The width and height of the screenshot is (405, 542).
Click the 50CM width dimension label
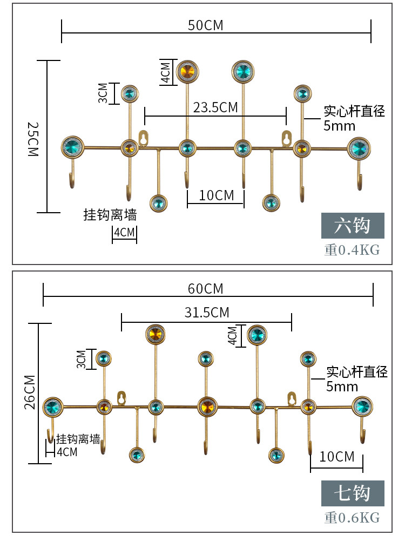[x=205, y=25]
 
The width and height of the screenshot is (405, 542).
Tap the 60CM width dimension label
[x=205, y=289]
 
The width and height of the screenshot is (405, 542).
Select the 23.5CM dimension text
[x=215, y=107]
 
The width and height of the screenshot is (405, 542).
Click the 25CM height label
[x=33, y=138]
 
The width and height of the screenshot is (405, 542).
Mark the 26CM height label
[x=30, y=392]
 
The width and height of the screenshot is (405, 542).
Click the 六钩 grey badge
[x=353, y=226]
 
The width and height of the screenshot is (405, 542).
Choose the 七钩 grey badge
[x=353, y=493]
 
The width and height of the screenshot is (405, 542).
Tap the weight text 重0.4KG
[x=352, y=250]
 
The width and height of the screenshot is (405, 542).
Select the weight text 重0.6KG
[x=352, y=518]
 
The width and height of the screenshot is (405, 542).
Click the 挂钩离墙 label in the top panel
[x=110, y=215]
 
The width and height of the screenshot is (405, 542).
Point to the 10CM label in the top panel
[x=217, y=195]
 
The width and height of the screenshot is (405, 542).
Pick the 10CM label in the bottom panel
[x=337, y=457]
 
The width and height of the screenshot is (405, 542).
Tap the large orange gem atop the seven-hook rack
[x=154, y=334]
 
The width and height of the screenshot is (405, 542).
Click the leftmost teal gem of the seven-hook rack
[x=52, y=406]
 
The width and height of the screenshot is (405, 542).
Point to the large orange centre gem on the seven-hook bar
[x=206, y=406]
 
